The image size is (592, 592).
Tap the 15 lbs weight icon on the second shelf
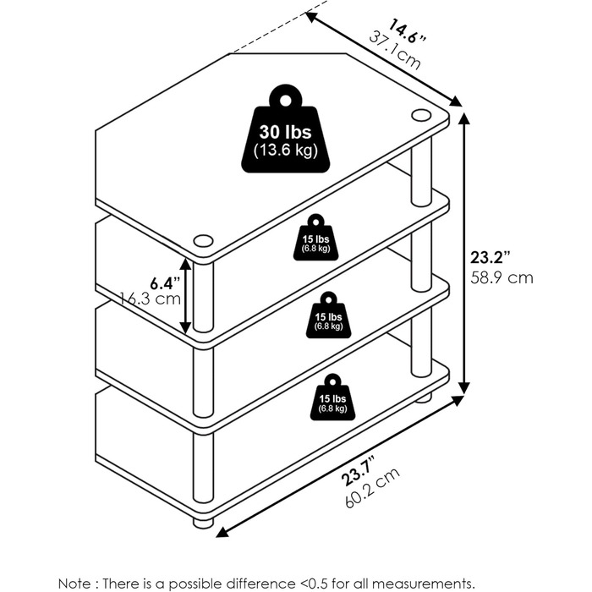tap(316, 238)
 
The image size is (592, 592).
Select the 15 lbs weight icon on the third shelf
tap(328, 315)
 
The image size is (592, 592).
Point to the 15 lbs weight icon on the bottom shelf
tap(332, 397)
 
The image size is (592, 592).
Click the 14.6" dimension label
tap(407, 31)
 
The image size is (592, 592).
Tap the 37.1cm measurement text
tap(395, 52)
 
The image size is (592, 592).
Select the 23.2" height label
tap(491, 257)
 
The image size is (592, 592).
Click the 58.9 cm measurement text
tap(502, 278)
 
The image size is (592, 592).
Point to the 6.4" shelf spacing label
tap(166, 282)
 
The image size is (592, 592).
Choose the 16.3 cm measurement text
tap(151, 299)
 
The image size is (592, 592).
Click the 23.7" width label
tap(359, 471)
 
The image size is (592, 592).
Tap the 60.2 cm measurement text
tap(372, 488)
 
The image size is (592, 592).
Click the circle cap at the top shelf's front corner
tap(203, 241)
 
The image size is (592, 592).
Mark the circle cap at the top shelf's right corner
tap(421, 115)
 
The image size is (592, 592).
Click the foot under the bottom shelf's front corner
tap(203, 523)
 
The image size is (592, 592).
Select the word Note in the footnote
tap(74, 583)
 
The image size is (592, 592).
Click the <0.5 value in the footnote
tap(314, 583)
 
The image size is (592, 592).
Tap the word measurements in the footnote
tap(422, 583)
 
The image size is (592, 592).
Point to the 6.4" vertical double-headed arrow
tap(185, 296)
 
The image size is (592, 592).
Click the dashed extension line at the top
tap(279, 26)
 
